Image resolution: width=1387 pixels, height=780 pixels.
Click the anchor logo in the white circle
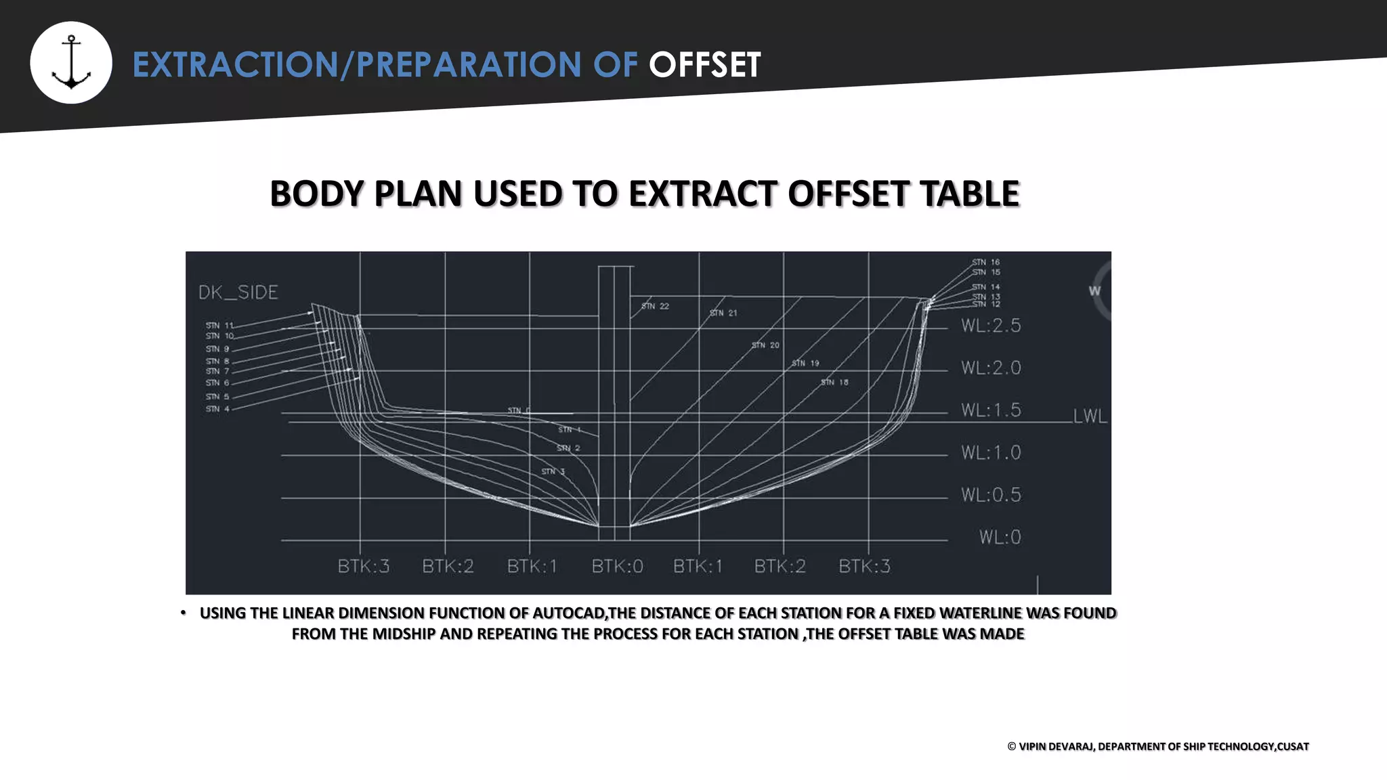tap(71, 62)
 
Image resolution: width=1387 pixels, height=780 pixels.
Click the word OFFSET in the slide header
tap(704, 65)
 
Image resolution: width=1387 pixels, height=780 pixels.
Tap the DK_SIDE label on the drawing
tap(238, 292)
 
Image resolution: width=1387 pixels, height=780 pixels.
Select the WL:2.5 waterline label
tap(991, 326)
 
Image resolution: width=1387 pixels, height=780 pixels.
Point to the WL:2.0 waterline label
tap(991, 368)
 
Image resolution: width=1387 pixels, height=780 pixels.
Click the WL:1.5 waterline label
tap(991, 410)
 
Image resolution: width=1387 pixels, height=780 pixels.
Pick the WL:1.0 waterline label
tap(991, 452)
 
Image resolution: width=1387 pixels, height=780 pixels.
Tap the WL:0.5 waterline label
tap(991, 495)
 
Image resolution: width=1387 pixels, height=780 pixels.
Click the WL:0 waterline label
tap(1000, 538)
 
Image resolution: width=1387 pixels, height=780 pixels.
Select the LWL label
tap(1090, 416)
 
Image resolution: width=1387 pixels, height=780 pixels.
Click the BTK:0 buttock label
tap(617, 567)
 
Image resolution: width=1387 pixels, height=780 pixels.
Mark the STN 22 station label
tap(655, 307)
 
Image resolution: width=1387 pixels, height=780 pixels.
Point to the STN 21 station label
tap(723, 313)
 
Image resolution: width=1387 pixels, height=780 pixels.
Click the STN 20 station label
tap(765, 345)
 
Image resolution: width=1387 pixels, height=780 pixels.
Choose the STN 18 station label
tap(834, 383)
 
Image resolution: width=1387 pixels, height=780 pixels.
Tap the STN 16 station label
tap(986, 262)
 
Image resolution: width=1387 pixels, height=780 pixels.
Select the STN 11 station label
tap(219, 326)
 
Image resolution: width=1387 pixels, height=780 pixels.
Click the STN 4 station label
tap(217, 409)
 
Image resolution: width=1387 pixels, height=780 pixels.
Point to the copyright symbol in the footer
tap(1012, 746)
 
